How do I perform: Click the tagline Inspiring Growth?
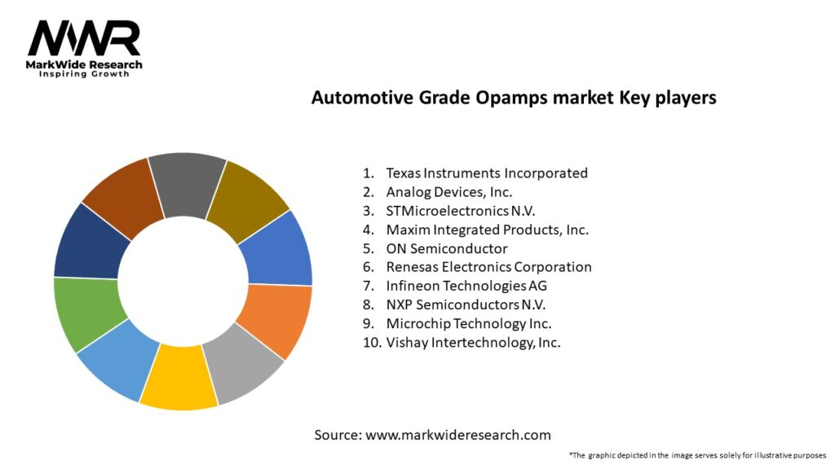coord(84,74)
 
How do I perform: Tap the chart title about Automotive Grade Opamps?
coord(514,98)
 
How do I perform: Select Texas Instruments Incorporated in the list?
coord(486,173)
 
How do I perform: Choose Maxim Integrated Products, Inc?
coord(487,230)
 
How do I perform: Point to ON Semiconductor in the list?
coord(446,248)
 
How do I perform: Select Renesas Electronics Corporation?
coord(488,267)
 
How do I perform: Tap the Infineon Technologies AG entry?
coord(466,286)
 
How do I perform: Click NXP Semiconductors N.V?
coord(466,305)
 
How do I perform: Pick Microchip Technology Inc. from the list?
coord(468,323)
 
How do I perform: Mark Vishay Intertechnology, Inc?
coord(473,342)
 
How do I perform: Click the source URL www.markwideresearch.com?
coord(457,435)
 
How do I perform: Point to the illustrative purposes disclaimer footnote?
coord(697,455)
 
